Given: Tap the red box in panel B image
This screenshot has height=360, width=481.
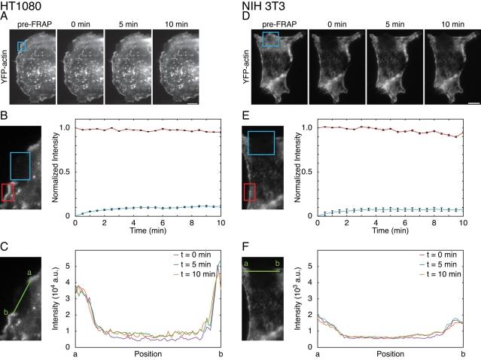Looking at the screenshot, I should click(x=8, y=192).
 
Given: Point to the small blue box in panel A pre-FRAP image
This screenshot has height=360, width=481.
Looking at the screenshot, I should click(x=22, y=47).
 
